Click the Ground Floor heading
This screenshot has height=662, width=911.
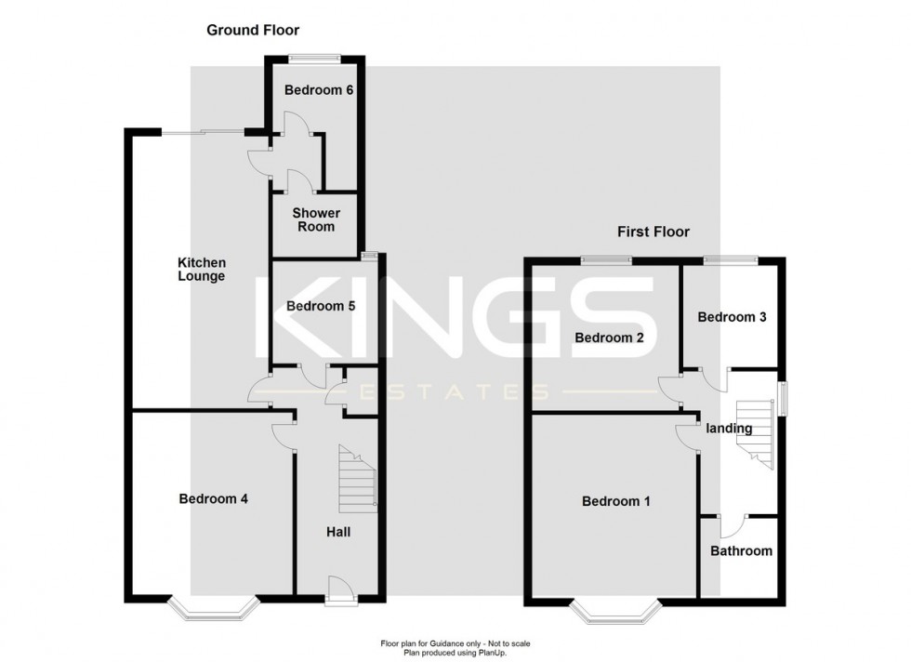245,31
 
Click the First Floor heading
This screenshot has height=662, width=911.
654,232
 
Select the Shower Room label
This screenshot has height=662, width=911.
316,219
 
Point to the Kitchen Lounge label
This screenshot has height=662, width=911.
202,270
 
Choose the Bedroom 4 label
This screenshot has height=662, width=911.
213,498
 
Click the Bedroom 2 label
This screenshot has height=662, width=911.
609,338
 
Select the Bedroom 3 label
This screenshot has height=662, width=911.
732,317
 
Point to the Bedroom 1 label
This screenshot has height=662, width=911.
615,501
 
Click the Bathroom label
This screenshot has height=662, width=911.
741,550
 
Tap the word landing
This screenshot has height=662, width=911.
729,428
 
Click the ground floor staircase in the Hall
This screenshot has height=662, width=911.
356,479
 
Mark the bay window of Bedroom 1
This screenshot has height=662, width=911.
615,611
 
